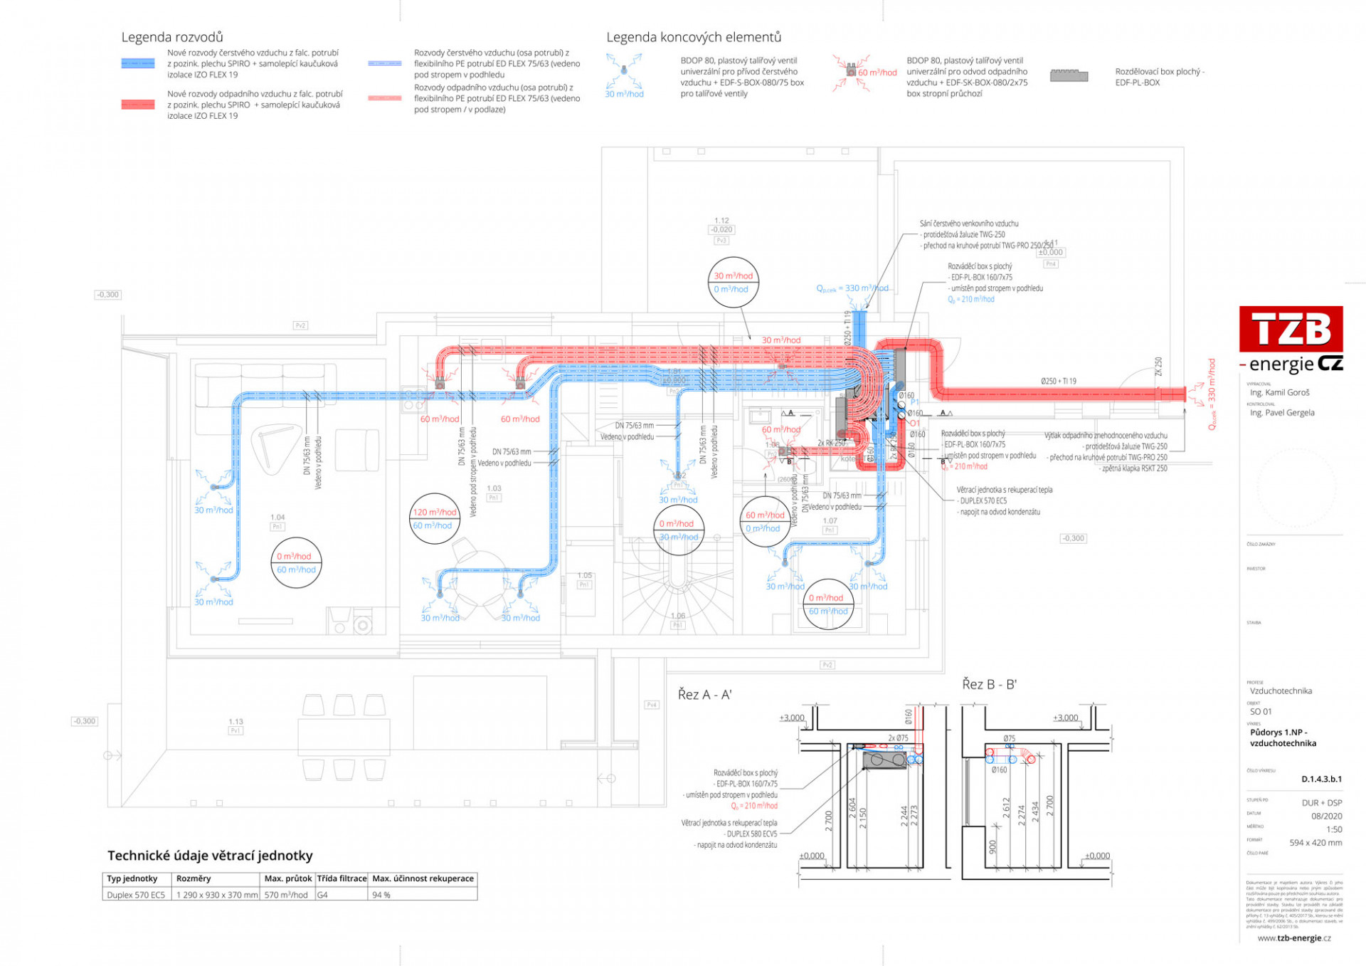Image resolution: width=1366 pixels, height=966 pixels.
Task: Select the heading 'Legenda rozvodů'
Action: (x=172, y=37)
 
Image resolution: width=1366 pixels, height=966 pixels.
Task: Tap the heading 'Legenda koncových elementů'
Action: (x=694, y=37)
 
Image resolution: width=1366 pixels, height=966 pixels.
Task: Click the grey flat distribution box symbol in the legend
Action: (x=1069, y=75)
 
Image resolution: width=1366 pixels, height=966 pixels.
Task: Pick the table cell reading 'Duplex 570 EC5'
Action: (x=136, y=895)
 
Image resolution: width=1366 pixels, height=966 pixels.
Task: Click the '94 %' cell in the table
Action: (x=382, y=895)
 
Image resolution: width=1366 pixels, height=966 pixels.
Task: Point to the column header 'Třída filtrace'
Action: (x=341, y=878)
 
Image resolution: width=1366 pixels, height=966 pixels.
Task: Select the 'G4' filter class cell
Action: (x=323, y=895)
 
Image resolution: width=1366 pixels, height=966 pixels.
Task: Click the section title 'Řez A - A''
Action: (x=704, y=695)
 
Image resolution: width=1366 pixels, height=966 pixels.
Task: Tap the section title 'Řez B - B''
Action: (x=989, y=685)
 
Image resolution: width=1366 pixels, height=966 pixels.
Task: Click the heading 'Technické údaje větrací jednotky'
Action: (x=210, y=856)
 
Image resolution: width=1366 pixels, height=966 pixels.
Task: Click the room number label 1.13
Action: (x=235, y=722)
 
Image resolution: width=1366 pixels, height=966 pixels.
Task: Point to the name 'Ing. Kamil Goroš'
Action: (x=1279, y=392)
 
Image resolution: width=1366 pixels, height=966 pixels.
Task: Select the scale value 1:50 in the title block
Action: (x=1334, y=829)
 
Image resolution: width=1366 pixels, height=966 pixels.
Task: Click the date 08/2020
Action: (x=1327, y=817)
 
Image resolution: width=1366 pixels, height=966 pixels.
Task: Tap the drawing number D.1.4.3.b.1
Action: (x=1321, y=779)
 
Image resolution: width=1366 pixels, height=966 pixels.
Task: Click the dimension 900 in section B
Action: (x=993, y=847)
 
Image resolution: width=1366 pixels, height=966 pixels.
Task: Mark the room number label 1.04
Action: (x=277, y=518)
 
